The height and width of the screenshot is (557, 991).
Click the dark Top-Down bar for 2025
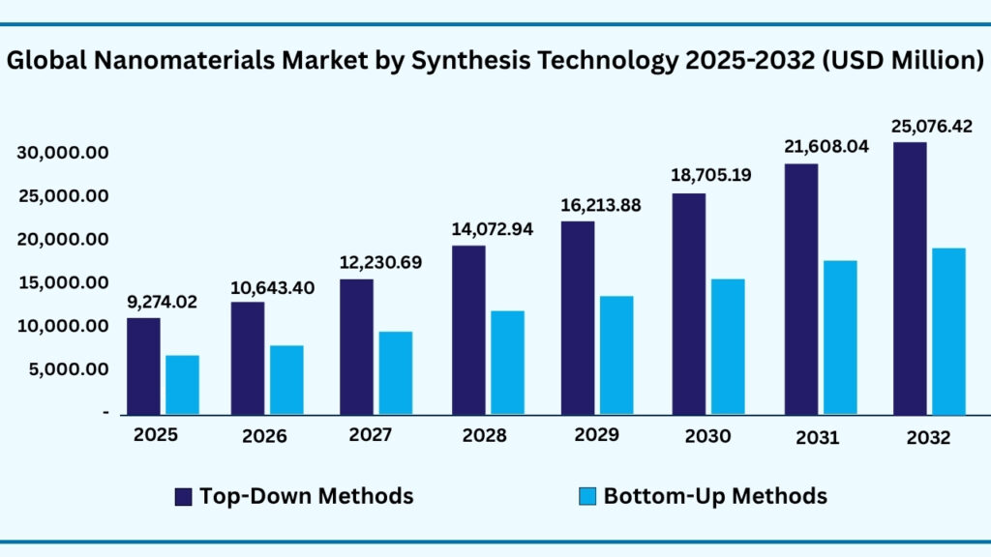[x=143, y=366]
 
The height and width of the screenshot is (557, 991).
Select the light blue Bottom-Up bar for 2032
[x=948, y=331]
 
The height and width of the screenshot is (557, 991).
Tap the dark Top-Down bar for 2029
[x=578, y=317]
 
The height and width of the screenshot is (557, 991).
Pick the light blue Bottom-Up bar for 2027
[x=395, y=372]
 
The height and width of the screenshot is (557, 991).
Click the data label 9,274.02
[x=163, y=302]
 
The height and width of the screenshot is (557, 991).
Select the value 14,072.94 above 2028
[x=494, y=229]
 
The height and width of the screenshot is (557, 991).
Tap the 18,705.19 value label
[x=711, y=175]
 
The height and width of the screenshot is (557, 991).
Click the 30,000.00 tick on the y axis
[x=62, y=153]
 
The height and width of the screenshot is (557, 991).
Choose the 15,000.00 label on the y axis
[x=62, y=282]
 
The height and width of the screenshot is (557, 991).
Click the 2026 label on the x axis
[x=264, y=436]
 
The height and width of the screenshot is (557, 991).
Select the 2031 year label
[x=818, y=437]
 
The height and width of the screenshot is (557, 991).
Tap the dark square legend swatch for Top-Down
[x=183, y=497]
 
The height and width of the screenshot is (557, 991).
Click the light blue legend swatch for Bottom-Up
[x=586, y=497]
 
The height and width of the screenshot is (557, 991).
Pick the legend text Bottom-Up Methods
[x=715, y=496]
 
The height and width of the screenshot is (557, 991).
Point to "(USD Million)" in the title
[x=905, y=60]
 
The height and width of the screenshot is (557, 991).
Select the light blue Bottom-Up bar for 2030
[x=728, y=346]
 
